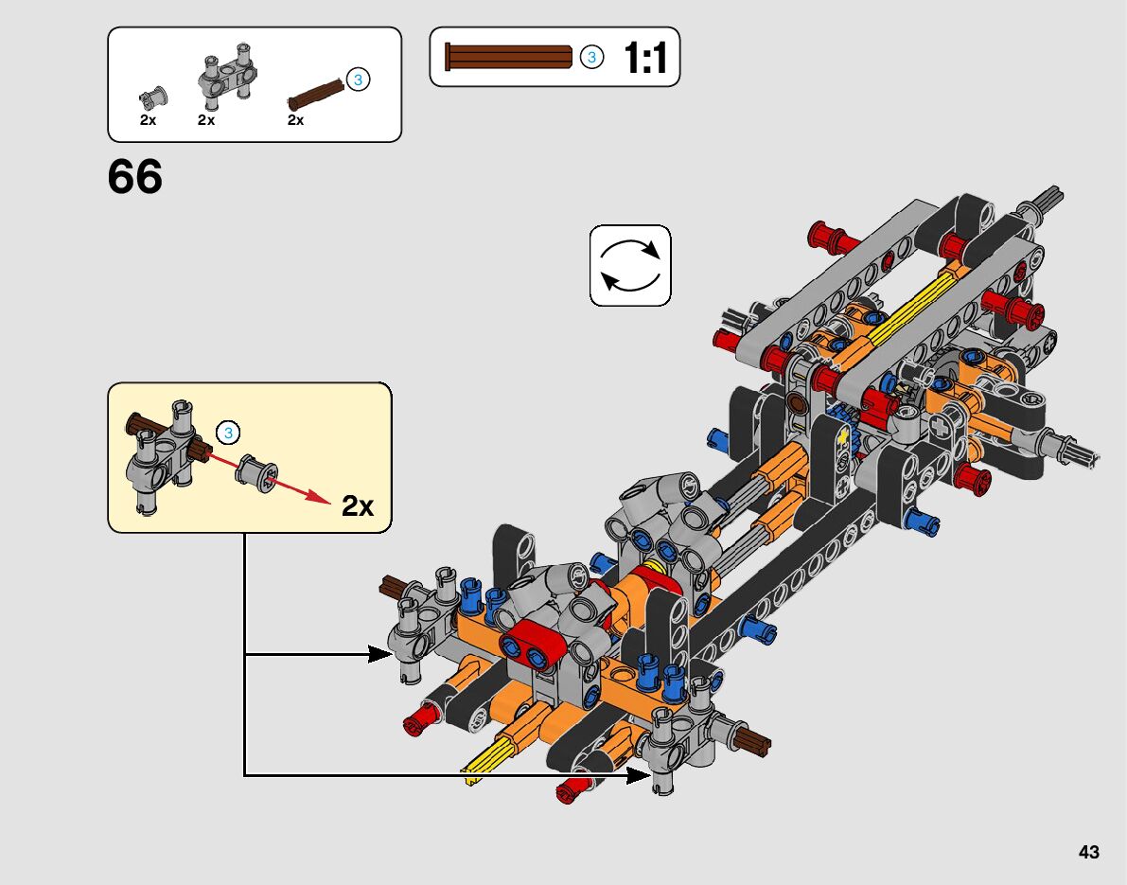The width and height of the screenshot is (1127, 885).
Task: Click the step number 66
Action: [135, 177]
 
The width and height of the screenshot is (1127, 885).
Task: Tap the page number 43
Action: [1089, 852]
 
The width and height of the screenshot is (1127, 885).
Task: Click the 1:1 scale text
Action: [644, 58]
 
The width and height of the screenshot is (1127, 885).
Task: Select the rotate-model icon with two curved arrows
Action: [630, 265]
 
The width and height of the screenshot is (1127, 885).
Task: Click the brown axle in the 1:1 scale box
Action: [509, 57]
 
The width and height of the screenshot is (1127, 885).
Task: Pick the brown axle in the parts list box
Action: [316, 95]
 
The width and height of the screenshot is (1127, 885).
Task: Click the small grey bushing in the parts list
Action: [153, 97]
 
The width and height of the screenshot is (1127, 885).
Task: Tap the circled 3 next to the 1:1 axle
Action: [591, 57]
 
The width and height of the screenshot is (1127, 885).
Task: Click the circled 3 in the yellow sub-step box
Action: [229, 433]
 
